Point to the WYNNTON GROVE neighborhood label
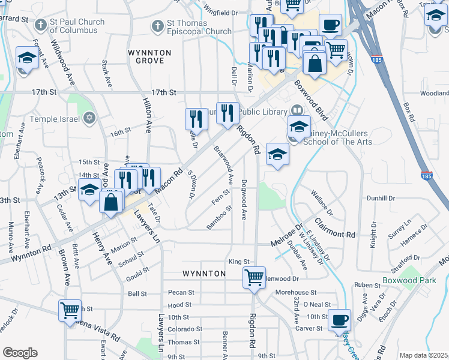149,57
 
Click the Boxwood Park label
408,280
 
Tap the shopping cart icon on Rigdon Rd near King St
255,278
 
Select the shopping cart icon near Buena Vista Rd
70,311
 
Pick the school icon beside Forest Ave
27,58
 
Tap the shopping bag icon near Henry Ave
112,202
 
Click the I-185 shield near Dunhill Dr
426,176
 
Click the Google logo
19,353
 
